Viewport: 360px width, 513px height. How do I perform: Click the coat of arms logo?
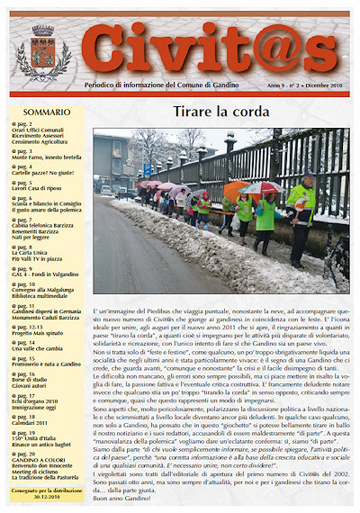[x=42, y=53]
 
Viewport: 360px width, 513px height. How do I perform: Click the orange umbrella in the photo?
[x=236, y=190]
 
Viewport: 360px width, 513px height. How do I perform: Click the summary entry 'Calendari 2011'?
[x=32, y=424]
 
